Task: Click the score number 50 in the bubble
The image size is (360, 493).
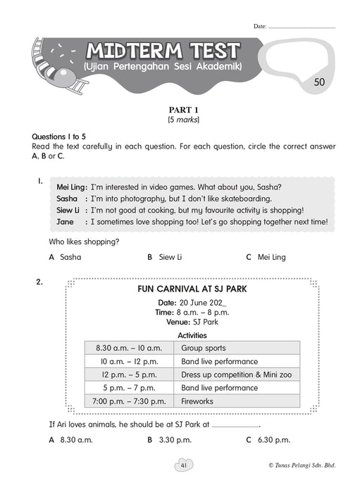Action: [319, 82]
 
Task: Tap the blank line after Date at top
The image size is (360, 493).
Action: [302, 27]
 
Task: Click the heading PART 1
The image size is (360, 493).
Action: [184, 110]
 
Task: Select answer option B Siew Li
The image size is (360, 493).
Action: [165, 257]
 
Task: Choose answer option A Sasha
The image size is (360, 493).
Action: [65, 257]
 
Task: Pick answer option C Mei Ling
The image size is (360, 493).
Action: [266, 257]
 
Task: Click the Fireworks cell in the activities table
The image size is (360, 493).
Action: [237, 401]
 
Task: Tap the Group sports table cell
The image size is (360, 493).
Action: [237, 348]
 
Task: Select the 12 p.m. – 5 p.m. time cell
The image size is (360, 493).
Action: [129, 375]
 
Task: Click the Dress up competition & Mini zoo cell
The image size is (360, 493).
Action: [237, 375]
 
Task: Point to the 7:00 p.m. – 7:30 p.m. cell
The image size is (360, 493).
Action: [129, 401]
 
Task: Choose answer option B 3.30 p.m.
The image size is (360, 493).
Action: [170, 440]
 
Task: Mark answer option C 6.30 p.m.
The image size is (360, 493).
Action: [268, 440]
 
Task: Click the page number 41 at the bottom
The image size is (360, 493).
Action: [184, 466]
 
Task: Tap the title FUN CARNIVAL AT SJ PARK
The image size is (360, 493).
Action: [192, 289]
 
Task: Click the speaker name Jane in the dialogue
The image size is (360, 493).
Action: [65, 222]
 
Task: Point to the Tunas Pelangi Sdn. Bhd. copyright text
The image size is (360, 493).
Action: [302, 466]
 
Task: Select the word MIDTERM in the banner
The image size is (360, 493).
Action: [135, 51]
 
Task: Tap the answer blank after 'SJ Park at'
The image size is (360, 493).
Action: [235, 427]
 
